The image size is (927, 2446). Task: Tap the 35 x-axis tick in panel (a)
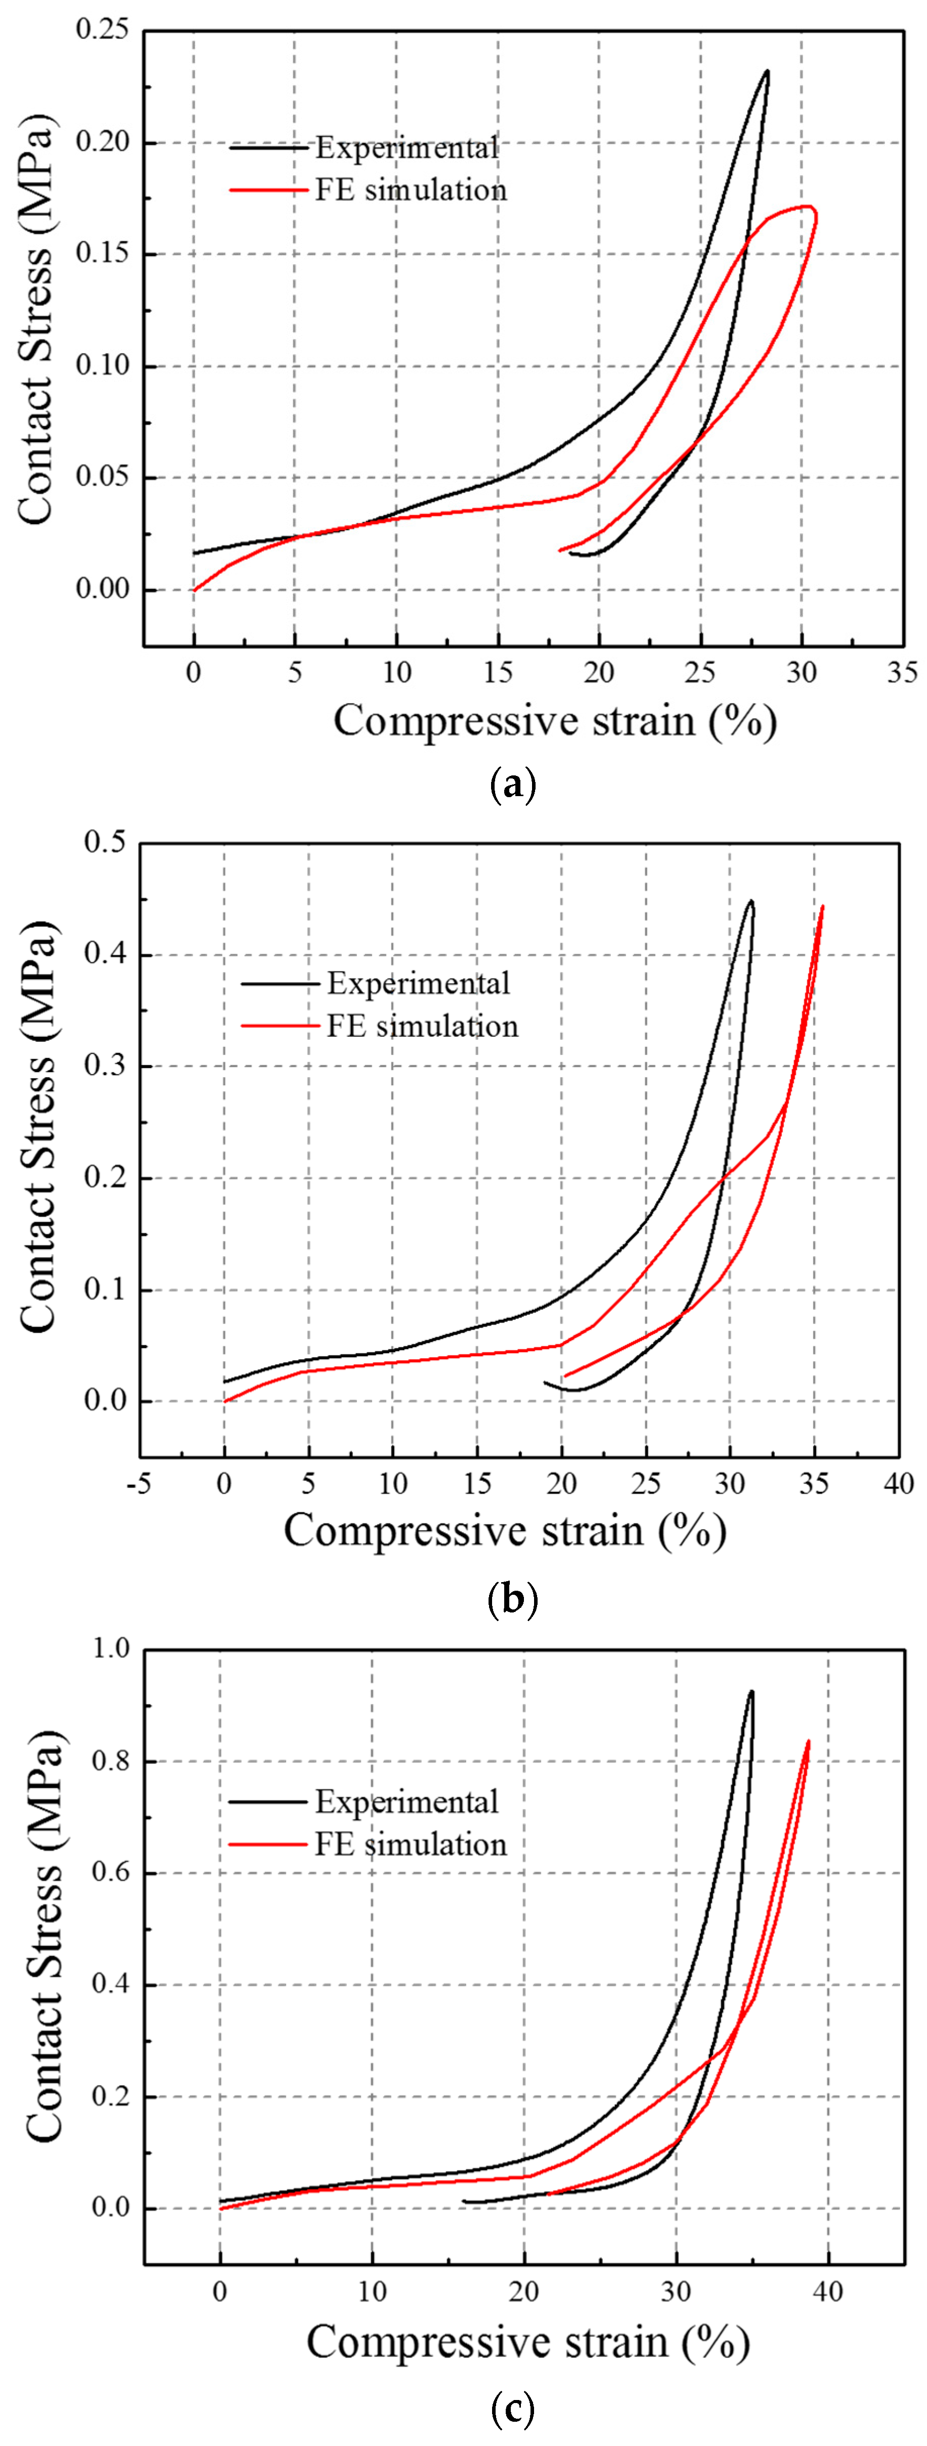point(901,672)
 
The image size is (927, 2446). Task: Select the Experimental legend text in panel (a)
point(407,148)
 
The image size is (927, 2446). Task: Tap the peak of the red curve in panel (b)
point(822,907)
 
